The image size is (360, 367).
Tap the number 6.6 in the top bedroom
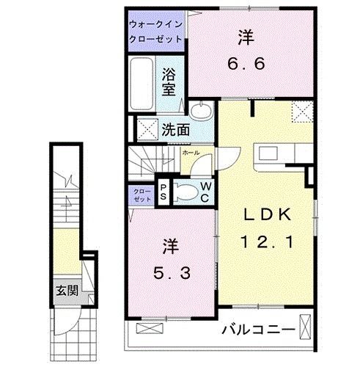[243, 62]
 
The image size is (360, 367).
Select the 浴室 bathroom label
[169, 82]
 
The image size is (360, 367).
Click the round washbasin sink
[200, 112]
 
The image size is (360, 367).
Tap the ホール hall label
[189, 153]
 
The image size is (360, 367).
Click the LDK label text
[268, 214]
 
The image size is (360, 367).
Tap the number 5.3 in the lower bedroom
[173, 274]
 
